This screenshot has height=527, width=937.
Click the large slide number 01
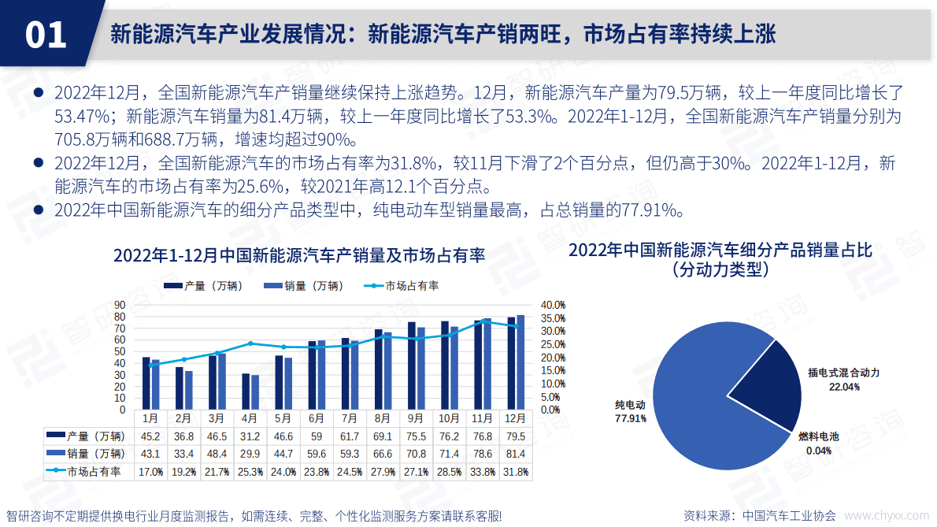[x=46, y=35]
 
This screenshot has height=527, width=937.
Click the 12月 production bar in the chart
[x=511, y=364]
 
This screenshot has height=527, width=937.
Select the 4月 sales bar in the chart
[x=254, y=392]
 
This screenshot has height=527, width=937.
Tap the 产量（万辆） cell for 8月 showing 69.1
[x=383, y=436]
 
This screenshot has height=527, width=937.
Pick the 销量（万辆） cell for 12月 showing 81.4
[x=516, y=453]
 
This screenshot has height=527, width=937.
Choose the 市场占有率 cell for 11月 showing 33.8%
[x=483, y=471]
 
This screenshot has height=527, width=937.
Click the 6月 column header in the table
[x=316, y=418]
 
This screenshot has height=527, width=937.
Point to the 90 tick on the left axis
[x=120, y=304]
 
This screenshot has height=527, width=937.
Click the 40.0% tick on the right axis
[x=553, y=305]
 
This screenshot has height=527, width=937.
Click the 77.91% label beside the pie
[x=630, y=418]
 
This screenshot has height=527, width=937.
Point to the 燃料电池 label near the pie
[x=819, y=436]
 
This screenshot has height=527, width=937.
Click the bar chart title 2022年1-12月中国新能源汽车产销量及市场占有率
[x=299, y=256]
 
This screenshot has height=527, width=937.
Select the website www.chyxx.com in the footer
[x=887, y=516]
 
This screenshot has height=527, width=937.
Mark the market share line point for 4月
[x=250, y=343]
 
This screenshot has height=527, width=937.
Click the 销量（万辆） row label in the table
[x=85, y=453]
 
